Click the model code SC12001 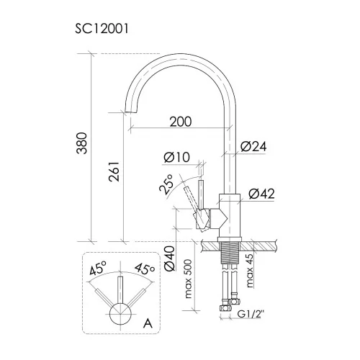[x=102, y=29]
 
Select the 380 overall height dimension [x=82, y=143]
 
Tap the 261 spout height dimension [x=114, y=171]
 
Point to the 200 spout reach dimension [x=181, y=122]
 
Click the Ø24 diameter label [x=253, y=146]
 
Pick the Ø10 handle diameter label [x=177, y=157]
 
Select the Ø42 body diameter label [x=261, y=194]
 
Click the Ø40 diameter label [x=170, y=258]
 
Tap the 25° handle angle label [x=166, y=184]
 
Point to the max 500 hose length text [x=189, y=279]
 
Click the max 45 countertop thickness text [x=250, y=271]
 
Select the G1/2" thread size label [x=251, y=314]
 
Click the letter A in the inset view [x=148, y=323]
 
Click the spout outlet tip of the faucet [x=131, y=112]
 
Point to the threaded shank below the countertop [x=230, y=253]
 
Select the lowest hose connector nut [x=225, y=307]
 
